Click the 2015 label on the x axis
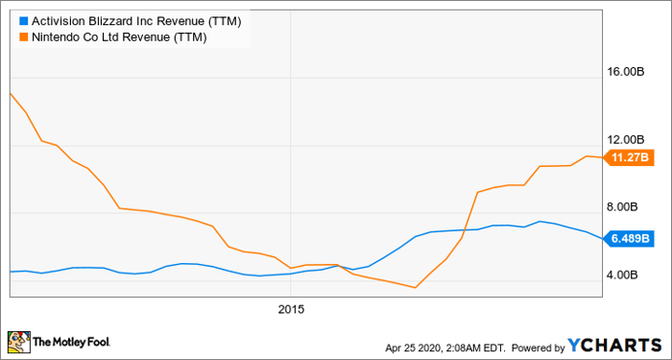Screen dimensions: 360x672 [x=291, y=309]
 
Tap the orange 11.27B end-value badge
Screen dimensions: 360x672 [x=630, y=157]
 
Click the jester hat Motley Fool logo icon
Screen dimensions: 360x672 [x=18, y=341]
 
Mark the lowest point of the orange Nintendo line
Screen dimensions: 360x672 [x=415, y=287]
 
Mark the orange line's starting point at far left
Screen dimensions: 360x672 [x=10, y=93]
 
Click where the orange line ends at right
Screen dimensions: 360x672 [x=602, y=157]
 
